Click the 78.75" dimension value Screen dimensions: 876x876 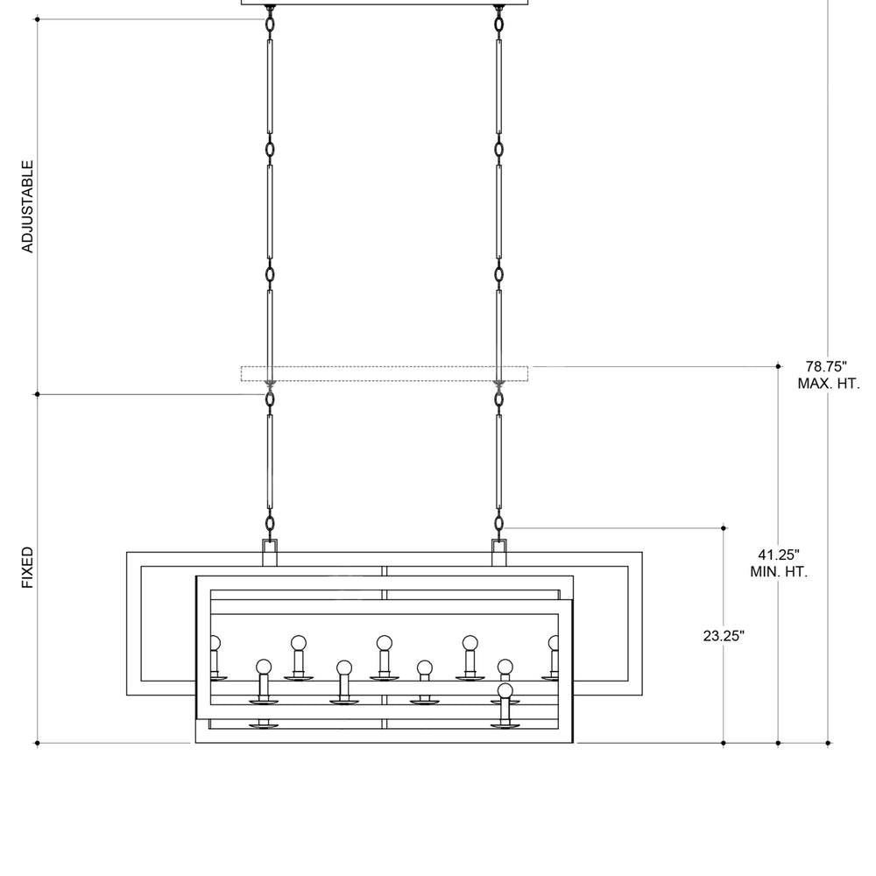826,366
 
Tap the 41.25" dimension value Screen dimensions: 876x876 779,555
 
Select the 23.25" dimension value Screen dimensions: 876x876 724,636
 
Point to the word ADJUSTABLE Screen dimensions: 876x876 28,206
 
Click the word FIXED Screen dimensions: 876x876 28,567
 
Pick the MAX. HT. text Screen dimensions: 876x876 829,384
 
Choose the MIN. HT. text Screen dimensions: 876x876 779,572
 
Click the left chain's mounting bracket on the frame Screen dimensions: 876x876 270,553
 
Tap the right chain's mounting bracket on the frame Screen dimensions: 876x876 499,553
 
